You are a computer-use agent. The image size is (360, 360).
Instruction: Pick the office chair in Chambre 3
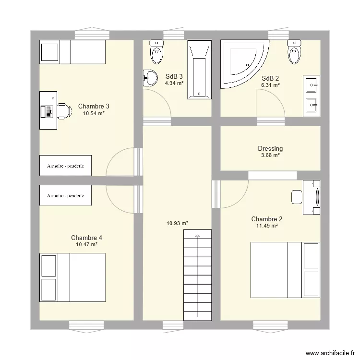point(63,111)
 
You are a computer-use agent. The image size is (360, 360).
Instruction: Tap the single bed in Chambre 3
point(72,52)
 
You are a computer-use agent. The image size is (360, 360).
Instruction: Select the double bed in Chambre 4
point(72,277)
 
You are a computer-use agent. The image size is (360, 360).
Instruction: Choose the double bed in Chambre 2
point(285,270)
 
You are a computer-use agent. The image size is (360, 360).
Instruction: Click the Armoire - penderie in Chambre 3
point(65,166)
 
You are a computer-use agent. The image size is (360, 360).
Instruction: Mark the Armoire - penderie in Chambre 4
point(65,195)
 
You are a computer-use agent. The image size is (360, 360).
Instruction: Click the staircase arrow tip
point(197,235)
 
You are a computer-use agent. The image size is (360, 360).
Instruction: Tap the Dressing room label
point(270,149)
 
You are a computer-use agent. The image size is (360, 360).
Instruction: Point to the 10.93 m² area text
point(177,223)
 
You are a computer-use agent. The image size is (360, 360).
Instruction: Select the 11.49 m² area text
point(267,226)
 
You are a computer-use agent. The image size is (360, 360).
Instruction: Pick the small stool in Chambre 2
point(297,196)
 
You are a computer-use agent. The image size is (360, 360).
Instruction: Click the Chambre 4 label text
point(86,238)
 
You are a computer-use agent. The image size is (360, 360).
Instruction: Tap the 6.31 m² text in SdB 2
point(270,85)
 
